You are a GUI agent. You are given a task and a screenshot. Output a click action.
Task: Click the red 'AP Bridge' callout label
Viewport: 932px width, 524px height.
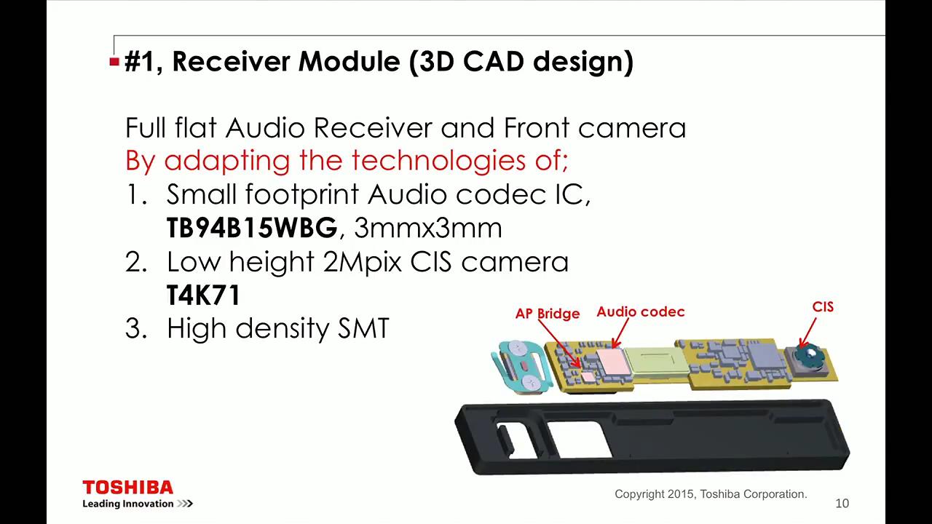[x=547, y=313]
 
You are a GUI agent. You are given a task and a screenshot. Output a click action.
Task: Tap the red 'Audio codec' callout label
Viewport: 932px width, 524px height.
[x=640, y=311]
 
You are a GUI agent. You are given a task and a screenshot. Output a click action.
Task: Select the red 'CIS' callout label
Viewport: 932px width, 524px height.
[x=823, y=307]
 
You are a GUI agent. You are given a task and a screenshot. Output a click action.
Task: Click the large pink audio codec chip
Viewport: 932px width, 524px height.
[x=613, y=362]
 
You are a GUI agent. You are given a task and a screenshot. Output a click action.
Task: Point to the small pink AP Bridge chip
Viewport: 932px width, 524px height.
[x=588, y=377]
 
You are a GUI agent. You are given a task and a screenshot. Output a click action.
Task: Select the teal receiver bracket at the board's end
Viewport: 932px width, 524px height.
[x=522, y=367]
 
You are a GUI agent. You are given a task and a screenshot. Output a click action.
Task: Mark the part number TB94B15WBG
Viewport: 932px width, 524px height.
[x=252, y=228]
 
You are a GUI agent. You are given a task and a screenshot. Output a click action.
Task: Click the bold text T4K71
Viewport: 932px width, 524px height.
[x=203, y=295]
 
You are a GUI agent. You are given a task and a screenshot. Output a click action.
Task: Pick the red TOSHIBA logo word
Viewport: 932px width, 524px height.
[x=127, y=488]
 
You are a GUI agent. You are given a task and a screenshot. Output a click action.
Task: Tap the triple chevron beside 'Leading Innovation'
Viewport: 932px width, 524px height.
[x=185, y=504]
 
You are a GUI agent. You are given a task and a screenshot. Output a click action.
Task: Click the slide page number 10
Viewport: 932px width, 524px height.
[x=842, y=503]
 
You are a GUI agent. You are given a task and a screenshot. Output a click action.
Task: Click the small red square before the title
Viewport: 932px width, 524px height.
[x=114, y=62]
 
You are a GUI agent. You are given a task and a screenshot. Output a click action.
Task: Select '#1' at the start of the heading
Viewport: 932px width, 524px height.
[x=141, y=62]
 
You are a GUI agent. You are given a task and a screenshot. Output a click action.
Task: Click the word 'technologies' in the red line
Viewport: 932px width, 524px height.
[x=438, y=161]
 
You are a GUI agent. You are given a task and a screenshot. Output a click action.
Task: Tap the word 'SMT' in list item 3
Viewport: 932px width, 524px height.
[x=363, y=328]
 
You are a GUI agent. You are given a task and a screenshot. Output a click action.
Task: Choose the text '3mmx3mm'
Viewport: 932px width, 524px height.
[x=428, y=229]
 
